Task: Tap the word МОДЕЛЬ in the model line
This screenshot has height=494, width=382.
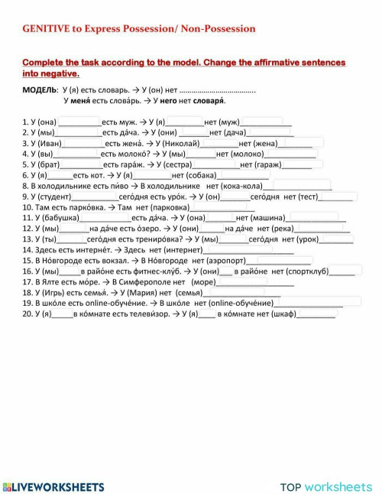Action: [39, 89]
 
